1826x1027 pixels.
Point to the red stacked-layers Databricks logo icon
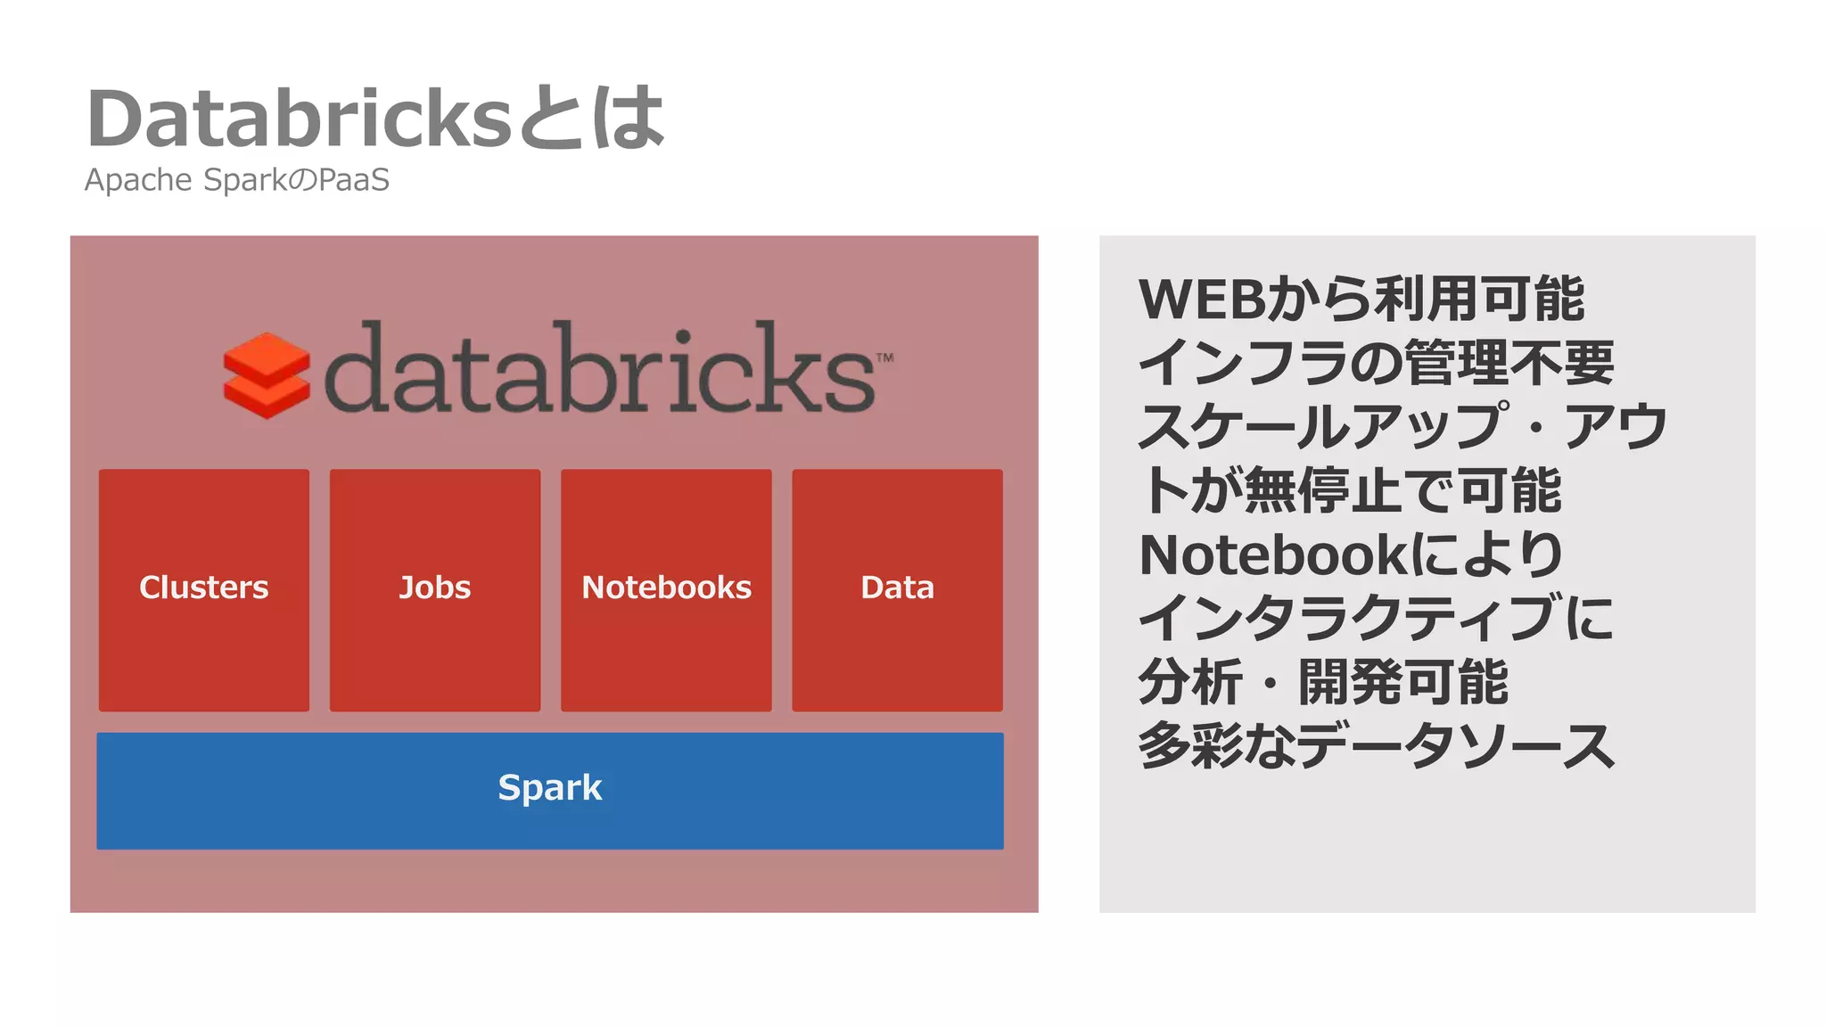point(267,375)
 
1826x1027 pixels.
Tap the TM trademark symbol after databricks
point(884,358)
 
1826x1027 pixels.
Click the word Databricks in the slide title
point(300,119)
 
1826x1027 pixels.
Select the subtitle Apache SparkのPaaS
point(237,180)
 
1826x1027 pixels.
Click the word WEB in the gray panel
point(1202,300)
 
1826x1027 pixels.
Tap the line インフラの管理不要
point(1376,363)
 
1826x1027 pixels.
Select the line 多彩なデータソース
point(1376,746)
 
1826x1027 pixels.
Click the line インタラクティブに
point(1376,619)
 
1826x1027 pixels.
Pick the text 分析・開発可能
point(1323,683)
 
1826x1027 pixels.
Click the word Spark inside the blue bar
point(550,788)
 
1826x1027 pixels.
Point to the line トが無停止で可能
point(1350,490)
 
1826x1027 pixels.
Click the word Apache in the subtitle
point(138,180)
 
